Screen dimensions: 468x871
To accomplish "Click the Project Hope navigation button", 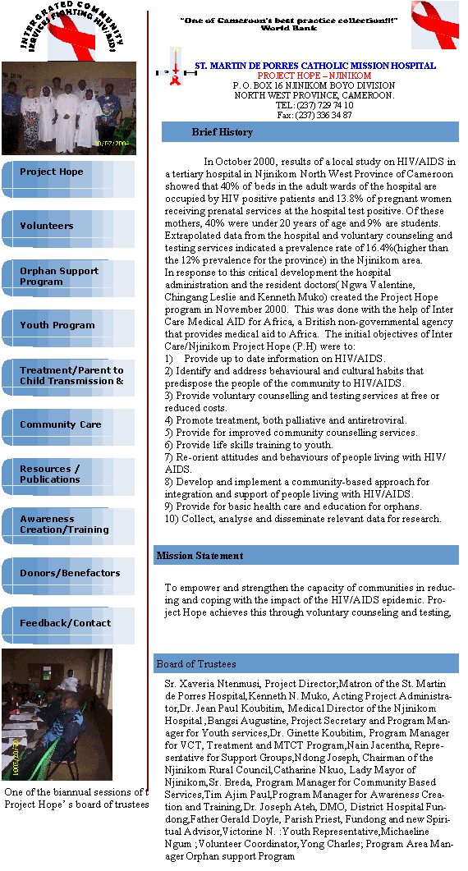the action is point(68,179).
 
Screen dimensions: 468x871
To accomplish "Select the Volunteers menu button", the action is point(68,228).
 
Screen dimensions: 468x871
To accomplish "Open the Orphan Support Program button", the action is point(68,278).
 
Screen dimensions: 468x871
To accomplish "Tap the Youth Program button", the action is point(68,328).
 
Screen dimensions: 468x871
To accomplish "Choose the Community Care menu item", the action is point(68,427).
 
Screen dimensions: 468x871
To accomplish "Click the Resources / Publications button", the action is point(68,477).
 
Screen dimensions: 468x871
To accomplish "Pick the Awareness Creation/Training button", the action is point(68,526).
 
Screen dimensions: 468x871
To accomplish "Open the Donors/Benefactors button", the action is point(68,576).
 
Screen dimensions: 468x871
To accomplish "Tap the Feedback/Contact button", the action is point(68,626).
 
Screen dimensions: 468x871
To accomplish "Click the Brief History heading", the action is point(223,132).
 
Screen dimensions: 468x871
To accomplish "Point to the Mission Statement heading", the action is point(200,556).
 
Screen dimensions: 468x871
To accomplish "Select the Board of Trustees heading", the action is point(196,664).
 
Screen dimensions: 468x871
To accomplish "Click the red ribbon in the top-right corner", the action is point(434,25).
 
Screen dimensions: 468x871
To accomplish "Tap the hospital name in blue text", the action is point(315,66).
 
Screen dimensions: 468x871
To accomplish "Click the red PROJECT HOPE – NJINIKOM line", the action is point(314,76).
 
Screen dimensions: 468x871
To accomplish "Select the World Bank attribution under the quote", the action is point(289,28).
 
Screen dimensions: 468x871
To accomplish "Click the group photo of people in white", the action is point(69,108).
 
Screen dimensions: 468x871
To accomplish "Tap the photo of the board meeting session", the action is point(57,714).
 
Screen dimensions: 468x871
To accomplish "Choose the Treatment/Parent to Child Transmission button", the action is point(68,378).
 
